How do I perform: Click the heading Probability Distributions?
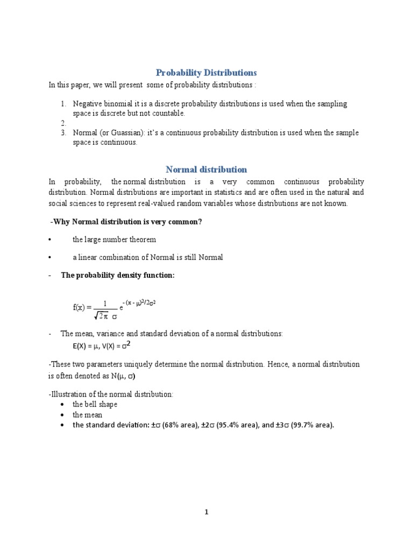point(206,72)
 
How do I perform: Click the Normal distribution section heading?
point(206,169)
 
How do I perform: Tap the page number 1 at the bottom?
point(206,512)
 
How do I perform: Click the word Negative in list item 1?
point(87,103)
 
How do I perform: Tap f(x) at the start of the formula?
point(80,307)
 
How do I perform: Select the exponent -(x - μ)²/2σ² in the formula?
point(139,303)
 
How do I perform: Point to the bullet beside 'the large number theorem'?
point(49,239)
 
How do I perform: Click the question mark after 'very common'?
point(200,222)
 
